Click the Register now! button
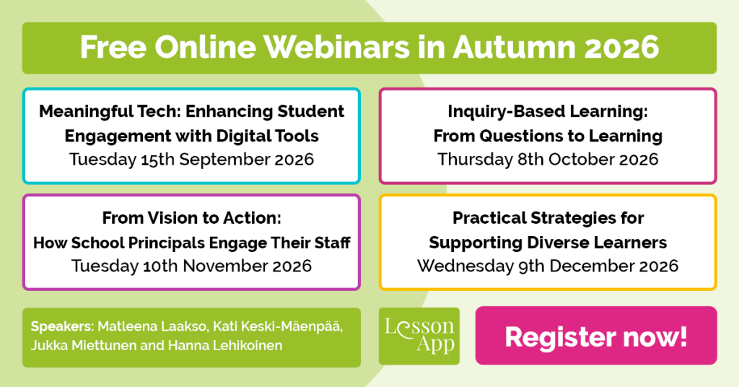pyautogui.click(x=595, y=336)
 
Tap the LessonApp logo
pyautogui.click(x=419, y=336)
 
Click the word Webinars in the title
pyautogui.click(x=336, y=47)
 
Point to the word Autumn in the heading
pyautogui.click(x=514, y=47)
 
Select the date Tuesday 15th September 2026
pyautogui.click(x=191, y=160)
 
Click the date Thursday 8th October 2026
pyautogui.click(x=548, y=160)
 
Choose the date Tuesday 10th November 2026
pyautogui.click(x=191, y=266)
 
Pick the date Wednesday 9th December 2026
pyautogui.click(x=548, y=266)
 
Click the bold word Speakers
pyautogui.click(x=63, y=326)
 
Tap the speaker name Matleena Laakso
pyautogui.click(x=152, y=326)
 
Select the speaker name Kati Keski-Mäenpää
pyautogui.click(x=278, y=326)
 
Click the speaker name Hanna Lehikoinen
pyautogui.click(x=225, y=346)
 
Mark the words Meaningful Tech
pyautogui.click(x=110, y=112)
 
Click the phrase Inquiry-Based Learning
pyautogui.click(x=548, y=112)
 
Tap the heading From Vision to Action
pyautogui.click(x=191, y=218)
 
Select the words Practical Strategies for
pyautogui.click(x=548, y=218)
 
